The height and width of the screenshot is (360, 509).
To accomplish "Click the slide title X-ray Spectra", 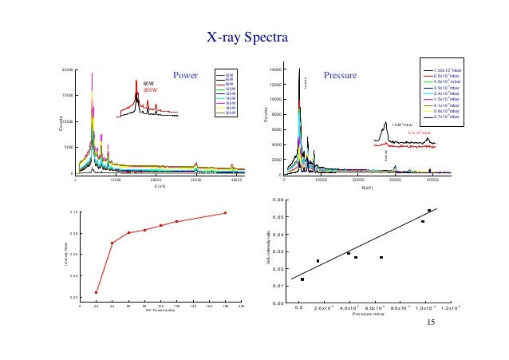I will [247, 38].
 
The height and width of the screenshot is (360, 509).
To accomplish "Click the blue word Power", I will [184, 77].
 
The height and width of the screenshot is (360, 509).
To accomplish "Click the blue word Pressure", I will [338, 76].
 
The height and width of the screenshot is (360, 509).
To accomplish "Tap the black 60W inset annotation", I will [148, 83].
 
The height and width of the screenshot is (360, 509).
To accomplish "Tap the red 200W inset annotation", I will [149, 90].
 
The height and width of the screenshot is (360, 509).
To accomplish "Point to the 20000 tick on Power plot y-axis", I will [67, 69].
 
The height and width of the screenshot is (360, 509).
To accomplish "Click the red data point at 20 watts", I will [97, 292].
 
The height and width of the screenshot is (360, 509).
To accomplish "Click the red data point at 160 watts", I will [226, 213].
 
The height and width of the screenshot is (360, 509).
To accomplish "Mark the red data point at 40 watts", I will [112, 243].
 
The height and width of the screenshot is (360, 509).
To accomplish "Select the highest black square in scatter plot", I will [429, 211].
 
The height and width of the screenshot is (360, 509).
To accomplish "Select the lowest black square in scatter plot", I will [302, 279].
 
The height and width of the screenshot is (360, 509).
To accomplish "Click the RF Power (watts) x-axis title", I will [160, 310].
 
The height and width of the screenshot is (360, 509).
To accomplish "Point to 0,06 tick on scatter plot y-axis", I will [277, 200].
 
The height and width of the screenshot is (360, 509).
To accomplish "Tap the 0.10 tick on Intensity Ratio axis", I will [73, 212].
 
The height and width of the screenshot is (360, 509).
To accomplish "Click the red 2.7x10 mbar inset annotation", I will [419, 133].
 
